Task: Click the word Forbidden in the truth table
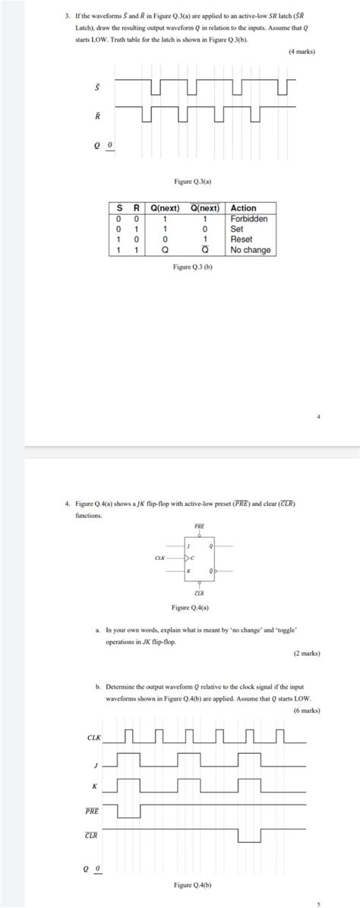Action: (x=250, y=218)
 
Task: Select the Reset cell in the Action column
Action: (x=242, y=239)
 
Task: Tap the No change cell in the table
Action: (x=251, y=249)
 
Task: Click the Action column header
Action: (x=244, y=207)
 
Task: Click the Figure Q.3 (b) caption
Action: (x=191, y=267)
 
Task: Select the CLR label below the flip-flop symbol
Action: (x=200, y=593)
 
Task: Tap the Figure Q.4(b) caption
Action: (x=191, y=884)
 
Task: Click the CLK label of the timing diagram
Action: (x=93, y=737)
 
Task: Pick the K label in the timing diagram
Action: (x=93, y=785)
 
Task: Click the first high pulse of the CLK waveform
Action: (x=128, y=735)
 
